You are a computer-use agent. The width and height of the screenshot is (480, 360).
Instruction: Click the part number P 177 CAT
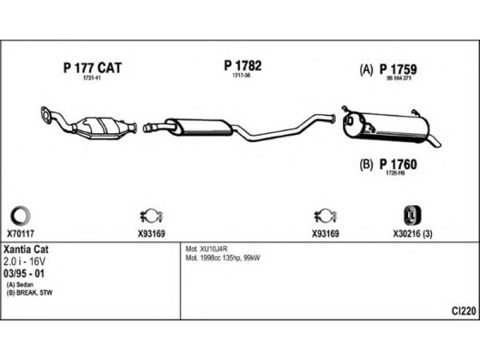(x=92, y=68)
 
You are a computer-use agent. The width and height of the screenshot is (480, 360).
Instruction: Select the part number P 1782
(x=242, y=66)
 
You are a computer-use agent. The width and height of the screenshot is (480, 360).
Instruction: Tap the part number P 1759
(x=398, y=70)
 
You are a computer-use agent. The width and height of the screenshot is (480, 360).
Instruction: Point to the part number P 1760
(x=398, y=164)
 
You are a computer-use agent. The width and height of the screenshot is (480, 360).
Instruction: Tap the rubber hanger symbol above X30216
(x=410, y=215)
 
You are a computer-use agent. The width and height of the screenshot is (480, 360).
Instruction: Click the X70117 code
(x=21, y=235)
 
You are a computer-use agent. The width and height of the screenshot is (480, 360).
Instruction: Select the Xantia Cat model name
(x=26, y=248)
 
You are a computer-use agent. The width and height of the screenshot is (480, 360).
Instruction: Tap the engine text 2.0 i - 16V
(x=25, y=261)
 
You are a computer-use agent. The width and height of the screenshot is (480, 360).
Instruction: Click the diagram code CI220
(x=464, y=311)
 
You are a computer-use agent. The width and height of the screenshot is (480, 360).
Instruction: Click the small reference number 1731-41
(x=91, y=79)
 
